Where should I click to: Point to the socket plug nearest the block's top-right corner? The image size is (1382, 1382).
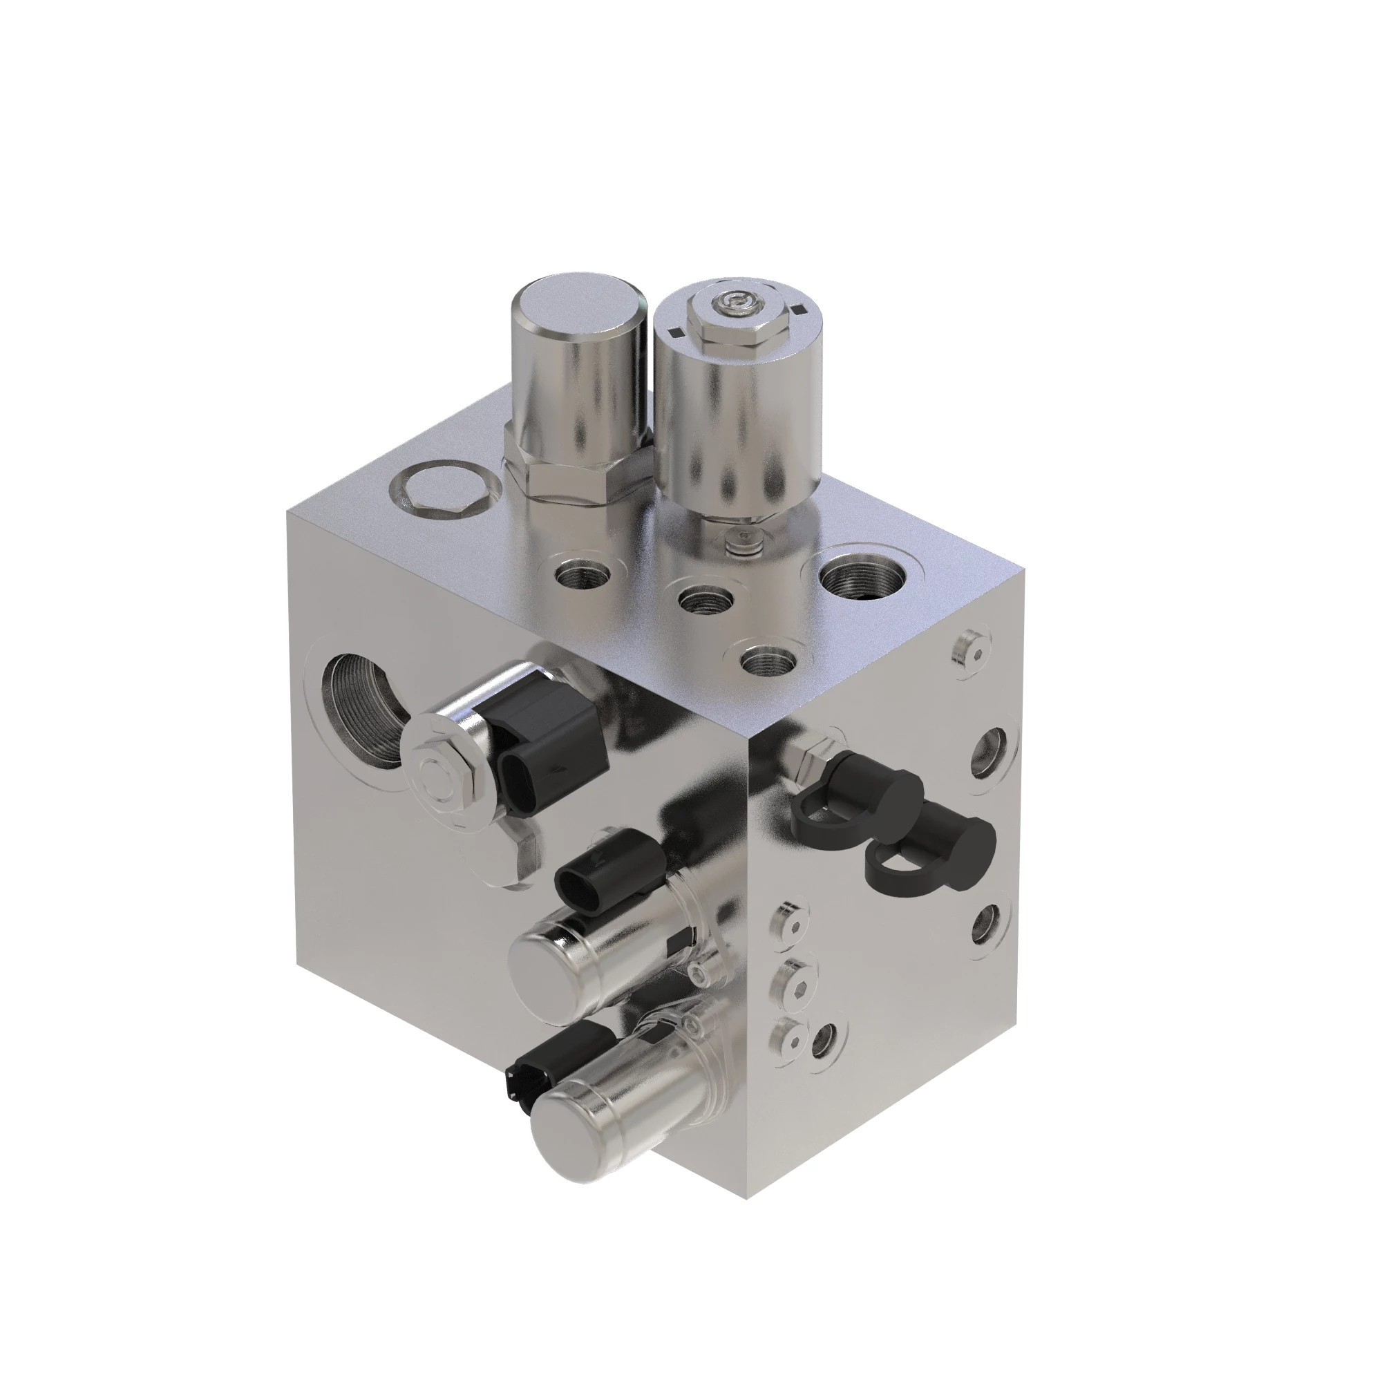click(972, 650)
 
